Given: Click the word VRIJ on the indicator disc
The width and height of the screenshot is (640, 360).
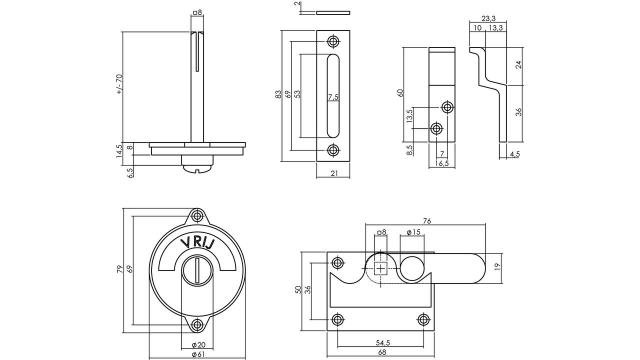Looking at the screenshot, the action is (197, 243).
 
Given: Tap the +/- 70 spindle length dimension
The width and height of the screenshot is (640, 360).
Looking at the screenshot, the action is (119, 84).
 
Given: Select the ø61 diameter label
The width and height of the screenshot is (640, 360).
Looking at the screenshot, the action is (198, 354).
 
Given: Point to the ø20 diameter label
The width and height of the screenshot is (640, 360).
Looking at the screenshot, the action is (198, 345).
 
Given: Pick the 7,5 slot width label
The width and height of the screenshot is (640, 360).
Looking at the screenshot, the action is (333, 97).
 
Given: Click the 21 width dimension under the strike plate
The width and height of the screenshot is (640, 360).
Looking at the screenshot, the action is (334, 173).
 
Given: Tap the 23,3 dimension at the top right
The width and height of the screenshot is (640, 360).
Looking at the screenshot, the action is (488, 18).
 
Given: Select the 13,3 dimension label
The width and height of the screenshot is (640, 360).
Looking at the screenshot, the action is (495, 27).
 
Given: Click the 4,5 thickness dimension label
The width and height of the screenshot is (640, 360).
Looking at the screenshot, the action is (514, 154).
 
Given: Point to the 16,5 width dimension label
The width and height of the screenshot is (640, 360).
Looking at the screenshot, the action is (441, 163).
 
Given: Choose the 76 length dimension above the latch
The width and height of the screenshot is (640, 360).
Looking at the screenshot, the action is (426, 221).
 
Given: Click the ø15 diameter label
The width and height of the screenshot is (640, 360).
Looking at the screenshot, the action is (413, 232).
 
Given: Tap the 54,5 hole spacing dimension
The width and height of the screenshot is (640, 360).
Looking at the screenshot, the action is (383, 342).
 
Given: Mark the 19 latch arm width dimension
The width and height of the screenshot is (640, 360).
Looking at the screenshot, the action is (497, 266).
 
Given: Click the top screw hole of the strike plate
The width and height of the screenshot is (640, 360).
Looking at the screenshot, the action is (333, 41).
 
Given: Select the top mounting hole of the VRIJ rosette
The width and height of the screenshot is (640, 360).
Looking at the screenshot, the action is (197, 216).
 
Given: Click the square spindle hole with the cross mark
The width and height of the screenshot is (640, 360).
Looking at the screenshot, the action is (380, 268).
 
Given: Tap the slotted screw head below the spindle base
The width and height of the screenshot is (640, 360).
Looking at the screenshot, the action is (197, 169).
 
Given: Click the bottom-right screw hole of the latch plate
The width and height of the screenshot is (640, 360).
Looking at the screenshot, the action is (423, 319).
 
